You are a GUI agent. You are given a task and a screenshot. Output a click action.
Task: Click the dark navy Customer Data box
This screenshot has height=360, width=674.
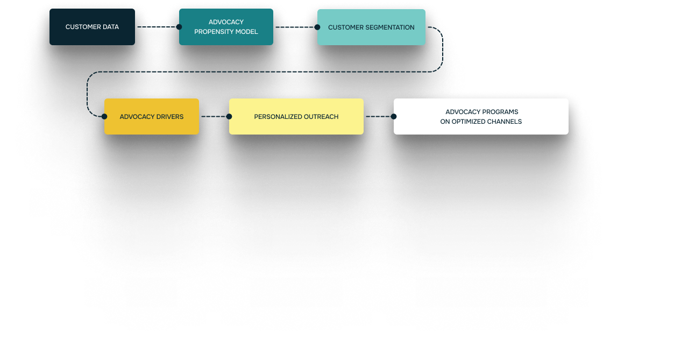click(x=92, y=27)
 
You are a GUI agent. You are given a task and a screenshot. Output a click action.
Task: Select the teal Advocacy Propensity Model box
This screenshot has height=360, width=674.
click(x=226, y=27)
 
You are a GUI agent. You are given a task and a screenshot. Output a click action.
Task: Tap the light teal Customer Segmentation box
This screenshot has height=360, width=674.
click(x=371, y=27)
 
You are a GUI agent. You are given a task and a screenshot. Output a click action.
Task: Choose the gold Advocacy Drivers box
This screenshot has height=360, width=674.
click(x=152, y=116)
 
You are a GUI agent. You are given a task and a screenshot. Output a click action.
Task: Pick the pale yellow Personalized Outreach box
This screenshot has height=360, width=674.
click(x=296, y=116)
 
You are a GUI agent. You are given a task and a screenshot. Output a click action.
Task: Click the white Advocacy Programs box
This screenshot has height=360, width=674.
click(x=481, y=116)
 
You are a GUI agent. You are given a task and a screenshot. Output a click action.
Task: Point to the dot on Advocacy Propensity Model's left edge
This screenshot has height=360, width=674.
click(x=179, y=27)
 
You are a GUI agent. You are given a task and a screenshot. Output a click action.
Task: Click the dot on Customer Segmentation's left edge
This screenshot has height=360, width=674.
click(x=317, y=27)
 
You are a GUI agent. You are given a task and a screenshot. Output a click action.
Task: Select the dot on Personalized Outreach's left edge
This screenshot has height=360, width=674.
click(x=229, y=116)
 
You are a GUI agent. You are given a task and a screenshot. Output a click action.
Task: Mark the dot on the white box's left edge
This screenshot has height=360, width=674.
click(x=394, y=116)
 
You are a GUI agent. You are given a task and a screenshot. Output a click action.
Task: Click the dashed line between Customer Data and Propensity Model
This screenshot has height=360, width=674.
click(x=157, y=27)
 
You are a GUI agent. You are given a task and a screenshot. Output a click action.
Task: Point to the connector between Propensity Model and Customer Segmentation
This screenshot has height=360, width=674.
click(x=295, y=27)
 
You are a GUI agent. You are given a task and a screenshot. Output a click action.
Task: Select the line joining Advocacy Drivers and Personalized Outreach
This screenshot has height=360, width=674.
click(x=214, y=116)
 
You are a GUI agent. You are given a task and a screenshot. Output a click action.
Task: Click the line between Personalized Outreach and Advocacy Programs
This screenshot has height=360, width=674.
click(x=379, y=116)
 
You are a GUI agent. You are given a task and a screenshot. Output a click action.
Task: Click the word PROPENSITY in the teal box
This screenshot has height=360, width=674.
click(x=214, y=32)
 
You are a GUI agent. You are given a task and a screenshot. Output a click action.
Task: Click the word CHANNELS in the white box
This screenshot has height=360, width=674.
click(x=503, y=122)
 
